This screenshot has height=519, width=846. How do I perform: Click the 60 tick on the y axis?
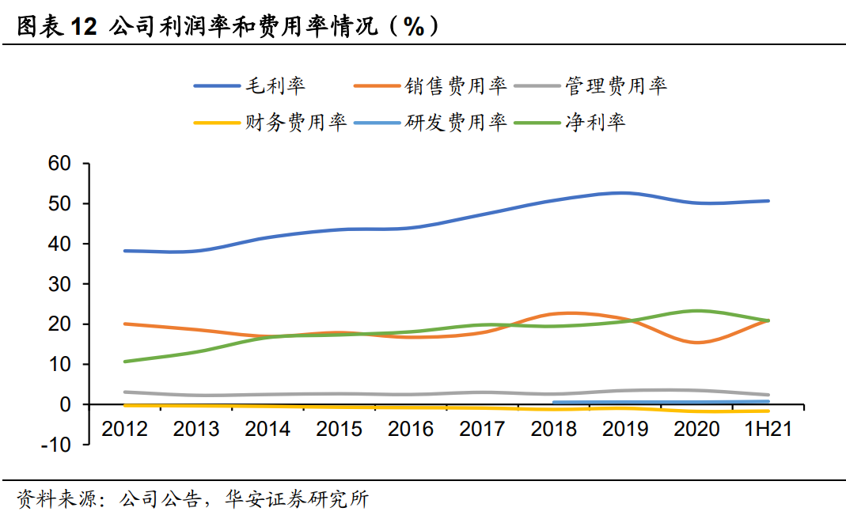(x=59, y=164)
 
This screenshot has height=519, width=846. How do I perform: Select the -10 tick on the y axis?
(x=56, y=445)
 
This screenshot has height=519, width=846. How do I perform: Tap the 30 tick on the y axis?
(x=59, y=284)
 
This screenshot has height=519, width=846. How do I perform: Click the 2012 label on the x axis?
(x=125, y=428)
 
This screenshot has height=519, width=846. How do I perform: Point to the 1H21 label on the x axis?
(x=768, y=428)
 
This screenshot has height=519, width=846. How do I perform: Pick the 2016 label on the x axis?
(x=411, y=428)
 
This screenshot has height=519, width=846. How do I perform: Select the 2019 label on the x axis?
(x=625, y=428)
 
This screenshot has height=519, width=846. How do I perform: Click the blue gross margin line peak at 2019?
(x=625, y=192)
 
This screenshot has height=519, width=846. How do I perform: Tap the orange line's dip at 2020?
(x=696, y=343)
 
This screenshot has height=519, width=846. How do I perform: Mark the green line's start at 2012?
(x=125, y=362)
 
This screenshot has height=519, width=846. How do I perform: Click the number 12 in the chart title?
(x=82, y=26)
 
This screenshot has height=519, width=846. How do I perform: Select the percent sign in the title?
(x=414, y=26)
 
